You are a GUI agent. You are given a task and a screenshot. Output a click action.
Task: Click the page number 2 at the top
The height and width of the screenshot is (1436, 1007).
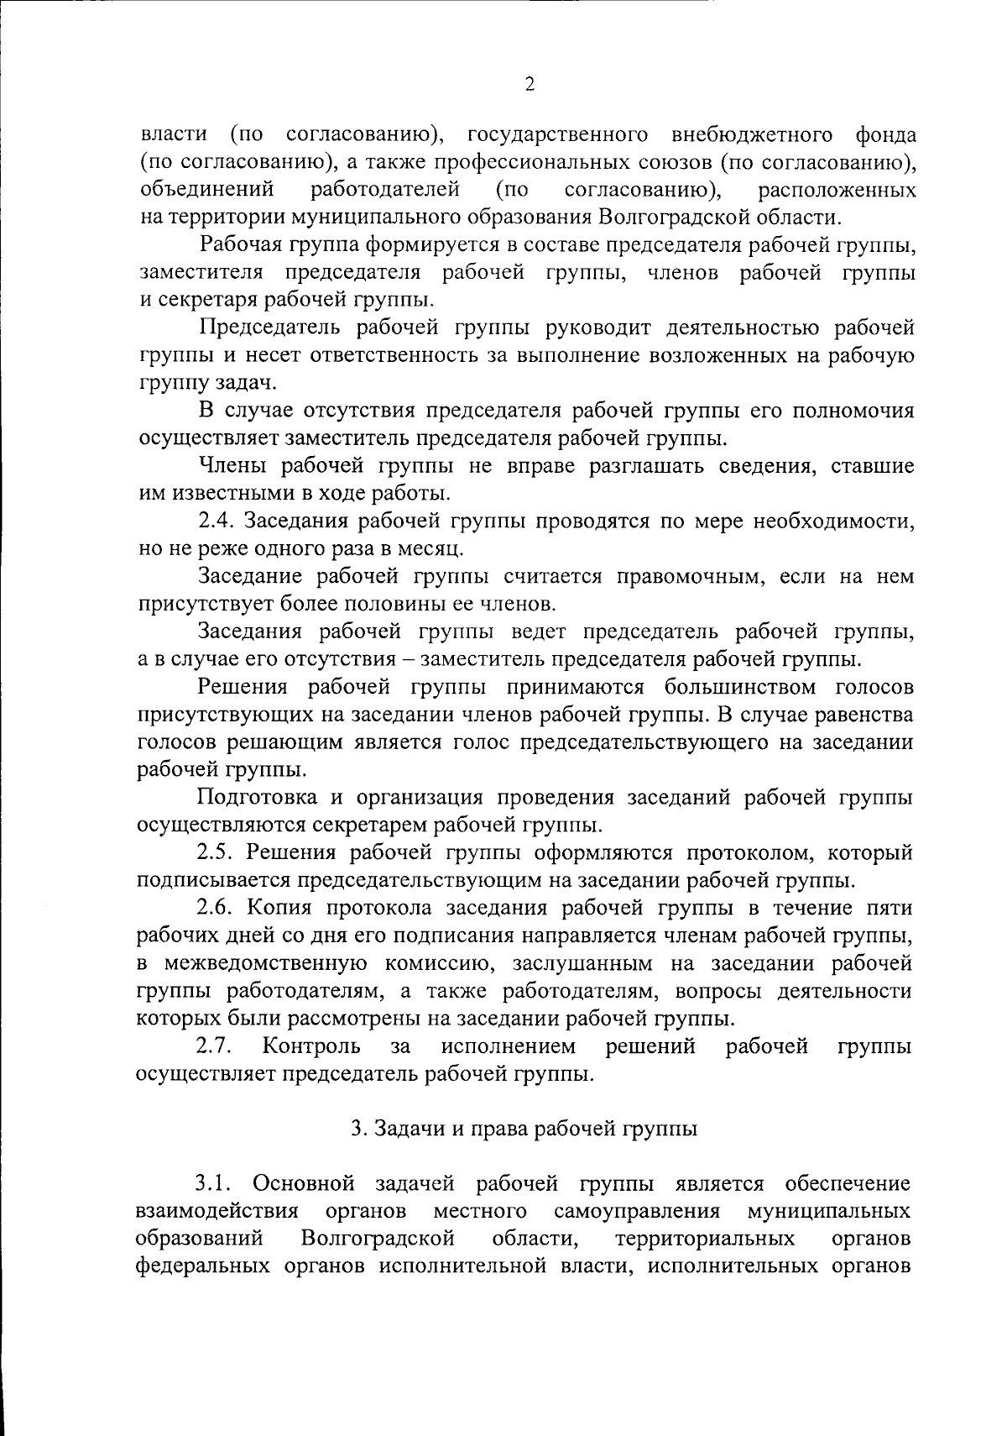coord(529,84)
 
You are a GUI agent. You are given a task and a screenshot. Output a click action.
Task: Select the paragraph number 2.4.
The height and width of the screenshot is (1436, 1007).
coord(219,521)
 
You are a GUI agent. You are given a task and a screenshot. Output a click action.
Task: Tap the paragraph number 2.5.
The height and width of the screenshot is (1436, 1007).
coord(219,853)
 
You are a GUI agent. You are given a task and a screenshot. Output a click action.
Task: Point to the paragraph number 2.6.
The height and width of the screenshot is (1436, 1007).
coord(219,909)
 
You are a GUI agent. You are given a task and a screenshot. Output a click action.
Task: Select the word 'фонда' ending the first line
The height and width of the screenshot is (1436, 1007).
coord(886,135)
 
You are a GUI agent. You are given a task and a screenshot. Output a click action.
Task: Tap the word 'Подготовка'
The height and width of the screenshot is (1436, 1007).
coord(258,798)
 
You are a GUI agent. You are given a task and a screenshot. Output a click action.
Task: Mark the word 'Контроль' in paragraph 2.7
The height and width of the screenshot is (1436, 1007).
coord(311,1047)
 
